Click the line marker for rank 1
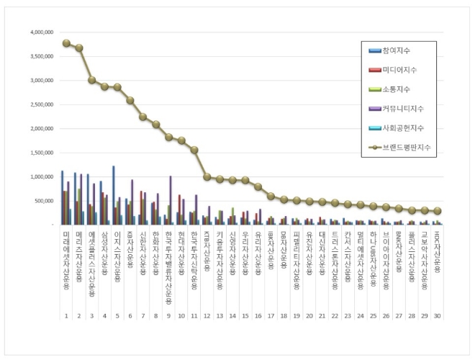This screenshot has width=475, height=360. [x=66, y=43]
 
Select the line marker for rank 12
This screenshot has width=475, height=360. [x=207, y=176]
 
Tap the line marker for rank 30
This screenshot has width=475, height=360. [x=437, y=211]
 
